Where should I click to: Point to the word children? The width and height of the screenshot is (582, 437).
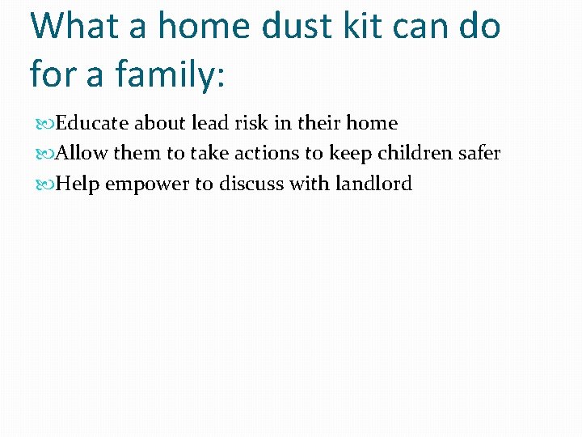pos(408,154)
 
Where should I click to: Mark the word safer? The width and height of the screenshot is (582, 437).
pos(479,154)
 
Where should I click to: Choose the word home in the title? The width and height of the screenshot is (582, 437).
pos(204,26)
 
